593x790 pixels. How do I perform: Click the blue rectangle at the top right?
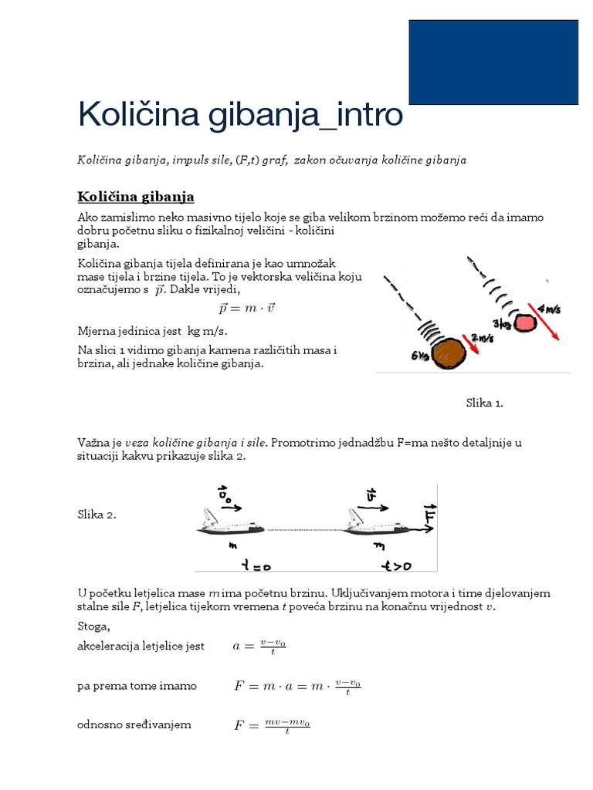[493, 62]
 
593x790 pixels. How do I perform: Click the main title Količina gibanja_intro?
[240, 116]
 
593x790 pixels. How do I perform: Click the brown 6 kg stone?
[449, 353]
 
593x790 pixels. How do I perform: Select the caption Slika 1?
[484, 403]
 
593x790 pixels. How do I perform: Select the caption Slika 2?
[97, 515]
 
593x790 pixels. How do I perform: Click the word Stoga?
[93, 626]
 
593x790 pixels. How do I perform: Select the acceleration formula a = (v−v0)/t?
[259, 647]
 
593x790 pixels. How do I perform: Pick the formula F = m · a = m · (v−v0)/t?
[297, 686]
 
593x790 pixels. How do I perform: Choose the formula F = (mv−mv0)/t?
[272, 725]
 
